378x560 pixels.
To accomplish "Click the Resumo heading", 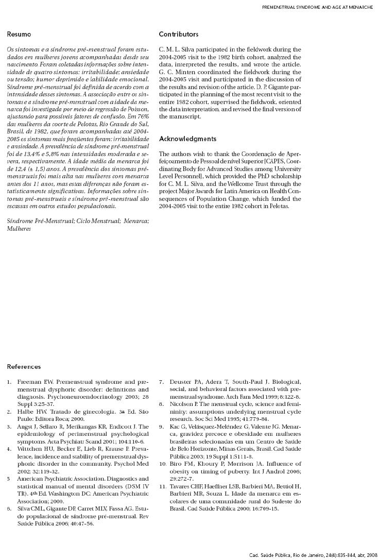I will pyautogui.click(x=19, y=35).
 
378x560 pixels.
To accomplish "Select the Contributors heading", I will pyautogui.click(x=178, y=35).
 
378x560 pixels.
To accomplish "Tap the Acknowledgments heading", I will pyautogui.click(x=187, y=139).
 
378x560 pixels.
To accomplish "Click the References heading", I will pyautogui.click(x=24, y=367).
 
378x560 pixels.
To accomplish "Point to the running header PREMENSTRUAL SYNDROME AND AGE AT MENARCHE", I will pyautogui.click(x=318, y=8).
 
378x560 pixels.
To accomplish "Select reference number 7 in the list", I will pyautogui.click(x=161, y=382).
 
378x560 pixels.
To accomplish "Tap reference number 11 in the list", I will pyautogui.click(x=162, y=486).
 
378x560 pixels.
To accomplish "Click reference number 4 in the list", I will pyautogui.click(x=9, y=449).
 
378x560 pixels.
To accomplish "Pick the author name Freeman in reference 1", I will pyautogui.click(x=29, y=382).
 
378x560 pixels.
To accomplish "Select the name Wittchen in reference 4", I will pyautogui.click(x=30, y=449).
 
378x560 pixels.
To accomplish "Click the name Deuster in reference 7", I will pyautogui.click(x=182, y=382).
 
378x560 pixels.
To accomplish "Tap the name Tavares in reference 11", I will pyautogui.click(x=182, y=486).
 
